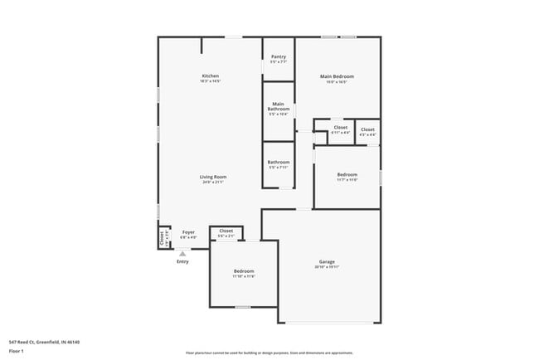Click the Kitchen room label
point(210,76)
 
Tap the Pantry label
point(279,57)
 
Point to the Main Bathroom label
point(279,107)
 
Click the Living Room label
point(213,176)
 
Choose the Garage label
point(327,261)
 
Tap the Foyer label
point(188,232)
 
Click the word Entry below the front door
point(182,261)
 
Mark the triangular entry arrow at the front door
point(182,253)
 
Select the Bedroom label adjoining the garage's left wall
point(244,271)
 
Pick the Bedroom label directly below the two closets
point(347,174)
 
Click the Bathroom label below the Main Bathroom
point(279,162)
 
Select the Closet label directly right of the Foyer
point(226,231)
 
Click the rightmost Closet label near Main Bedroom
point(367,129)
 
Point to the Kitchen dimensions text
point(210,81)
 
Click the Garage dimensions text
point(327,267)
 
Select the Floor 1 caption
point(16,351)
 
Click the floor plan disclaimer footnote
point(269,353)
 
